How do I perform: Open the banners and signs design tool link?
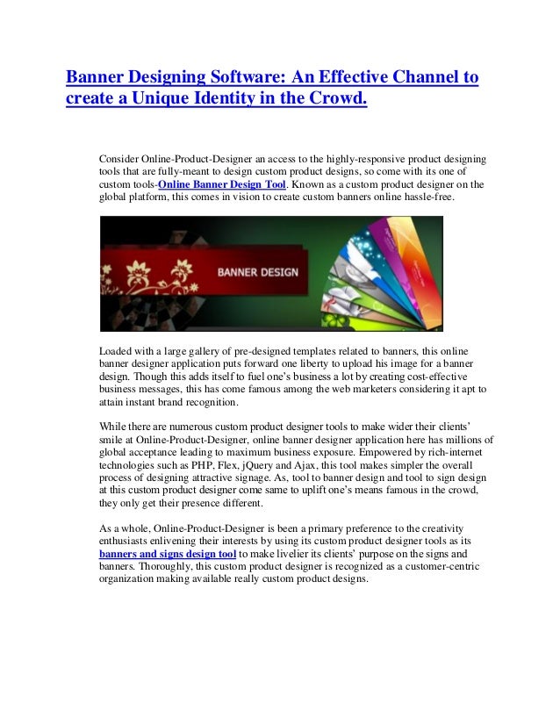tap(168, 555)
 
